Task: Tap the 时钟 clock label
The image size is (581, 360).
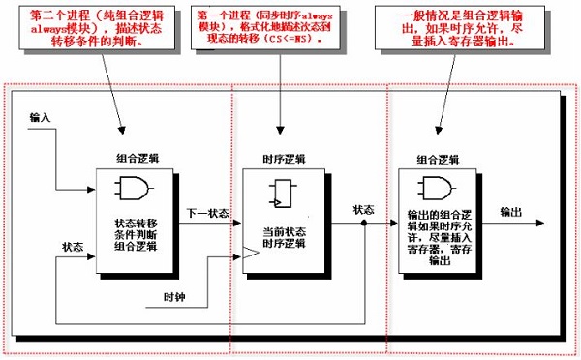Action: click(x=174, y=294)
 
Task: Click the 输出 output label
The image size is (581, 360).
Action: click(x=510, y=211)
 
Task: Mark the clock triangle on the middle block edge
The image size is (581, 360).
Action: click(x=252, y=255)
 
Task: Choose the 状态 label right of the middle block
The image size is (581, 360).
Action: click(x=364, y=209)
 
